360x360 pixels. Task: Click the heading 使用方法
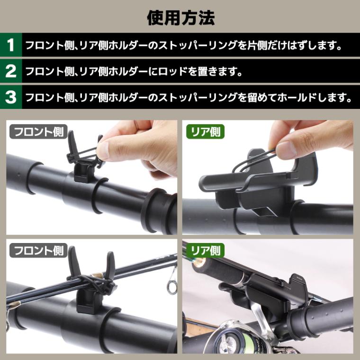click(180, 17)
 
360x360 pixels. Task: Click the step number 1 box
click(11, 45)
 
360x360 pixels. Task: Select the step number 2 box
click(11, 72)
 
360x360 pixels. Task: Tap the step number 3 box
click(11, 98)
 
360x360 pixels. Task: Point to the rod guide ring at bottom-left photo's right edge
click(170, 284)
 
